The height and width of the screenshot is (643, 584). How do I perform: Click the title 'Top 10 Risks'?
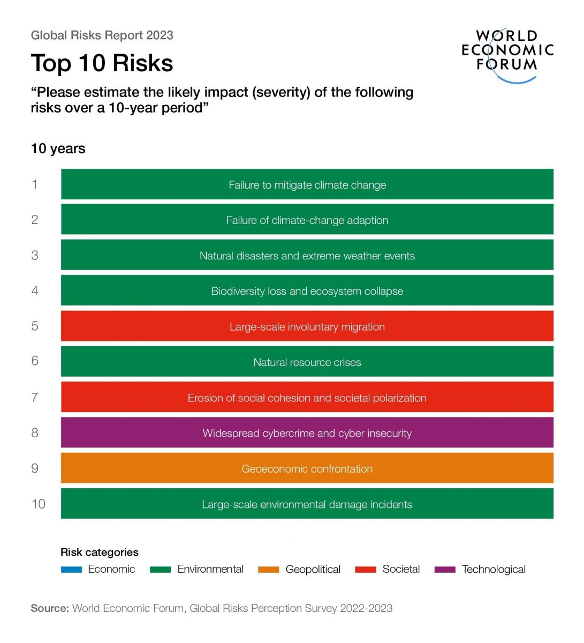coord(102,63)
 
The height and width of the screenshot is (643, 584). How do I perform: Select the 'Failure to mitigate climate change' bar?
coord(307,184)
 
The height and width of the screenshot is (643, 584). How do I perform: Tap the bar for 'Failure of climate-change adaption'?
coord(307,220)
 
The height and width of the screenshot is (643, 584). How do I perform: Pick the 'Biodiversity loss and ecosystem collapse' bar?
coord(307,291)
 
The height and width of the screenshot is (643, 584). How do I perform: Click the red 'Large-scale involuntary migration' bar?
coord(307,326)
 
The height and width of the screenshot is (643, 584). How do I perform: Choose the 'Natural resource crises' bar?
coord(307,362)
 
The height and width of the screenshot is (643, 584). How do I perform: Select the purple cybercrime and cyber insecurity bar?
coord(307,433)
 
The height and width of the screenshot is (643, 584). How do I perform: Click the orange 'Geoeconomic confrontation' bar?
coord(307,468)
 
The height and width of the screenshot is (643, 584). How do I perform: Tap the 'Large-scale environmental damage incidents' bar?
coord(307,504)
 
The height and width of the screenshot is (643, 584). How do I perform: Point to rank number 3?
coord(35,255)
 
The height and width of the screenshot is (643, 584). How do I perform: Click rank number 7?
coord(35,397)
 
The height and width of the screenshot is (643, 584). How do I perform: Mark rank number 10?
coord(38,504)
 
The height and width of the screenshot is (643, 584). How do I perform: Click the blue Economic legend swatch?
coord(71,570)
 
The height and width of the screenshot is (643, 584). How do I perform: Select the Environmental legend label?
coord(210,569)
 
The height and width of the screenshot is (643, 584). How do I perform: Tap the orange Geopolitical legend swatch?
coord(268,570)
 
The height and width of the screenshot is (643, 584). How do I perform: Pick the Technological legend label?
coord(494,569)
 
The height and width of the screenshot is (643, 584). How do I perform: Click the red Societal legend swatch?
coord(366,570)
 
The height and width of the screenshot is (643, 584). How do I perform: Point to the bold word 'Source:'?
coord(50,608)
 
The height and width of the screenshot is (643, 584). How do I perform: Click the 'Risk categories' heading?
coord(99,552)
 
